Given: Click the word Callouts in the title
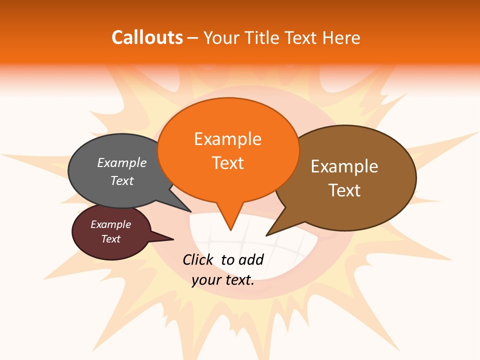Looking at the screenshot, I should point(147,37).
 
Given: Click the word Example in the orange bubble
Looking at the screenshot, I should point(227,139).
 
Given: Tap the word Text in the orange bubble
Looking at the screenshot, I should point(227,163).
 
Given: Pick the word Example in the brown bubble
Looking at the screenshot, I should point(344,166).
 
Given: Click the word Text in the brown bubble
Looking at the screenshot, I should point(344,190).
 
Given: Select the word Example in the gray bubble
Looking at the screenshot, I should point(122,162).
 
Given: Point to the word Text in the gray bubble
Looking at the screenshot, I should point(122,180).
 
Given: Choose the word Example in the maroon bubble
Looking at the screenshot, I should point(111,224).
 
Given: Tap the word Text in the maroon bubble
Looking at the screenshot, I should point(111,239).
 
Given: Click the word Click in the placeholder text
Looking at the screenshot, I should point(198,259).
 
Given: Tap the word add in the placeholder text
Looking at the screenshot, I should point(251,259).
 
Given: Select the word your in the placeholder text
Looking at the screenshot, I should point(205,280).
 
